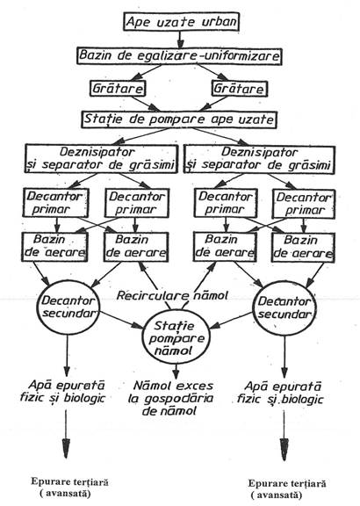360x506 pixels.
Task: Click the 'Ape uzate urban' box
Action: click(181, 22)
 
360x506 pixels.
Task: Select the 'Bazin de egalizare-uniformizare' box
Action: click(179, 56)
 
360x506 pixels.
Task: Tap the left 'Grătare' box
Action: click(118, 89)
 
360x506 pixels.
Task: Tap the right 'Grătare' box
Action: click(240, 89)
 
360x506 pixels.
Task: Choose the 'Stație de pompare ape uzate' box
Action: click(179, 119)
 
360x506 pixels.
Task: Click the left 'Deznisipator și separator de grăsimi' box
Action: click(101, 158)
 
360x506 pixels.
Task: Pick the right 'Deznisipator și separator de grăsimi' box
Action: click(259, 159)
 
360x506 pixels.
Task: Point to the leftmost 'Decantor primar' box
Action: click(55, 203)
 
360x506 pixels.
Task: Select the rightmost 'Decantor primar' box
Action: click(304, 204)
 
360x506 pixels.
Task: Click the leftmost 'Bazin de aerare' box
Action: click(54, 247)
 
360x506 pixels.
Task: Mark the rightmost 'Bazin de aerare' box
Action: click(303, 248)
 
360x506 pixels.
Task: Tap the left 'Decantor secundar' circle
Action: click(68, 307)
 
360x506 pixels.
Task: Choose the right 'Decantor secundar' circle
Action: click(284, 308)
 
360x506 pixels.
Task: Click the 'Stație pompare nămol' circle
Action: click(176, 338)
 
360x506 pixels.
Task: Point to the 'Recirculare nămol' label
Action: click(172, 295)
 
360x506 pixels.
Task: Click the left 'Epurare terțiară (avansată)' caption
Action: click(69, 488)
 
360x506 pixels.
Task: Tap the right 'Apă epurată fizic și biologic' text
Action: click(280, 393)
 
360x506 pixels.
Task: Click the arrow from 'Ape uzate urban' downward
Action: click(180, 39)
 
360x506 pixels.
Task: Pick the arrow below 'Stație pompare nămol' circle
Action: click(176, 372)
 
